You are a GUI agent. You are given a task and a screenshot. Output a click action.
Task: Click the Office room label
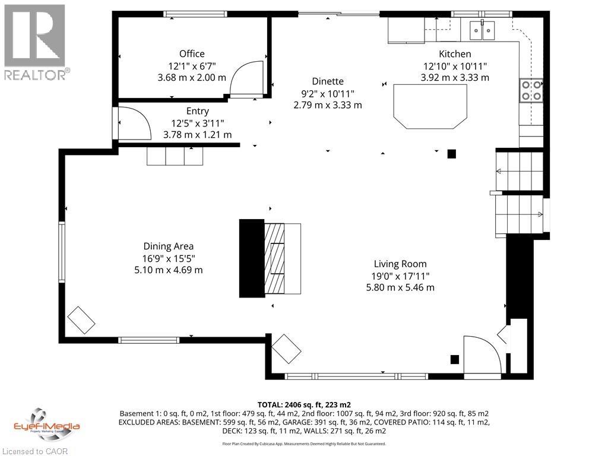click(192, 54)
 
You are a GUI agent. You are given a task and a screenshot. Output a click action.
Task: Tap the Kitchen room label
click(455, 54)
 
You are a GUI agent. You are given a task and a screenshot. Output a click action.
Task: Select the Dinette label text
click(327, 81)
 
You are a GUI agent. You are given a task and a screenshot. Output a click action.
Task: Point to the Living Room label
click(400, 264)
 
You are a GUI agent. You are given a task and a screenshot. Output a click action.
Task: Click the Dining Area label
click(168, 246)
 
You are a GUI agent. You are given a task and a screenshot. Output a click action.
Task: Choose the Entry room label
click(197, 111)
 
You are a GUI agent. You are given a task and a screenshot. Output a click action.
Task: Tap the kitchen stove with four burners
click(531, 90)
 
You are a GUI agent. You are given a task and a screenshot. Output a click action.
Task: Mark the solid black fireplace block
click(251, 258)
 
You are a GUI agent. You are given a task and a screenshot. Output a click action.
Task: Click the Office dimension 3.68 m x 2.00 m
click(192, 77)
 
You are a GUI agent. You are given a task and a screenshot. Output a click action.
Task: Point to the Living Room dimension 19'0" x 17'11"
click(400, 275)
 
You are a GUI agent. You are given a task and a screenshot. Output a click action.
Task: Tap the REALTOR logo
click(36, 42)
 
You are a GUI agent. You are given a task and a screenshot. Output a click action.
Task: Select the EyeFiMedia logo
click(46, 423)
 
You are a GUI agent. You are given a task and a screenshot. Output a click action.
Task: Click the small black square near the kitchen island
click(451, 154)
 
